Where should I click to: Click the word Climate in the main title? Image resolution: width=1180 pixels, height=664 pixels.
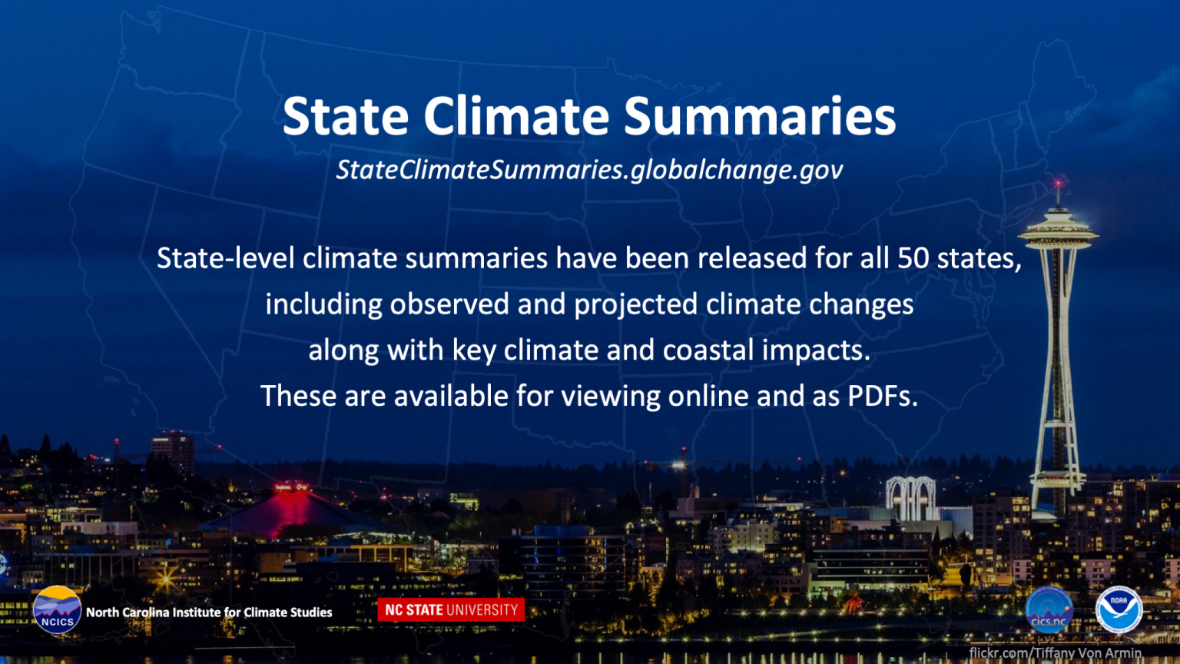516,116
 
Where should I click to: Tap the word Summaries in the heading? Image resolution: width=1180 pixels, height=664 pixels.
760,116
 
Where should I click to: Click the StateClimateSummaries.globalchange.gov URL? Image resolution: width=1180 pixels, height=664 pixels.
589,170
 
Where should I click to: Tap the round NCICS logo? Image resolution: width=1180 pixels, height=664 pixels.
57,609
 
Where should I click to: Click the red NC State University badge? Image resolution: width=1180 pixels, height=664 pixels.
451,609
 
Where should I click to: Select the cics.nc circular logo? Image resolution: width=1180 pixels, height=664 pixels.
1049,609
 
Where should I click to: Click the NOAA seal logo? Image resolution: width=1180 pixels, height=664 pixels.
1119,609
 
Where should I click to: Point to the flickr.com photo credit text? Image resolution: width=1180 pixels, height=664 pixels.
1055,653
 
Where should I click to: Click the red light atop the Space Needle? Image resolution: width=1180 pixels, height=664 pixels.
1059,184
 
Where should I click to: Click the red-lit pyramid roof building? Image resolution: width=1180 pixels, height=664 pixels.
291,510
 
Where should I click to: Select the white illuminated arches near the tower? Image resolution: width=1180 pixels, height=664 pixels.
911,498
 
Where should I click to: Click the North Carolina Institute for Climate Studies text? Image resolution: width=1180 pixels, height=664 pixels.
209,613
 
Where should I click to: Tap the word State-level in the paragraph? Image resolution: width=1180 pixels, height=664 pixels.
225,258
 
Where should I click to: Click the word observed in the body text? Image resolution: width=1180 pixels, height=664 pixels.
449,304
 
